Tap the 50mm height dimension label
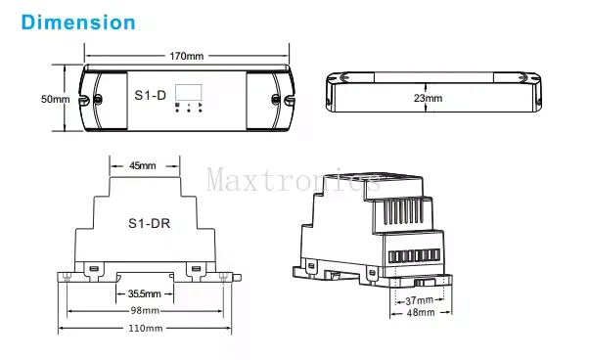[55, 100]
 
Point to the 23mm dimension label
[428, 99]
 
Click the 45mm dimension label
[143, 166]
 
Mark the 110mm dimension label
[145, 328]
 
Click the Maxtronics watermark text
[294, 180]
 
